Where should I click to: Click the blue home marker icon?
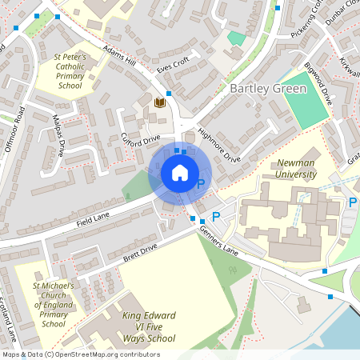[x=180, y=173]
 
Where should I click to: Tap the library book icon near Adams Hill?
[x=159, y=103]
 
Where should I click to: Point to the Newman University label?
[x=295, y=168]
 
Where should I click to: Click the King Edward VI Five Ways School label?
[x=149, y=327]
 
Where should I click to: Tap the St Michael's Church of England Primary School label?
[x=54, y=305]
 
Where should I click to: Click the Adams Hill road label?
[x=120, y=57]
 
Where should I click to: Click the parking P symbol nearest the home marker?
[x=201, y=185]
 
